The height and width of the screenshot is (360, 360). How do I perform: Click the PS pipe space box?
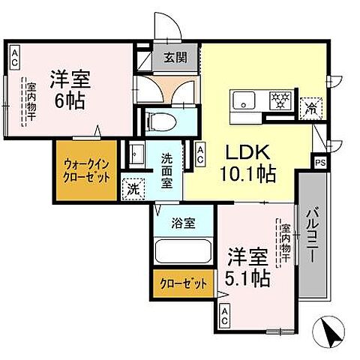[x=320, y=162]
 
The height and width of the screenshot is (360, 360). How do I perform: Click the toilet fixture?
[x=161, y=119]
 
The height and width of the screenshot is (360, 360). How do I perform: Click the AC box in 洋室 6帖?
[x=15, y=58]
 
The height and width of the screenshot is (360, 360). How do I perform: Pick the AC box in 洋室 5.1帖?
[x=223, y=317]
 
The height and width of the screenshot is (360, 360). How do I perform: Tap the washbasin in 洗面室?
[x=137, y=156]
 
